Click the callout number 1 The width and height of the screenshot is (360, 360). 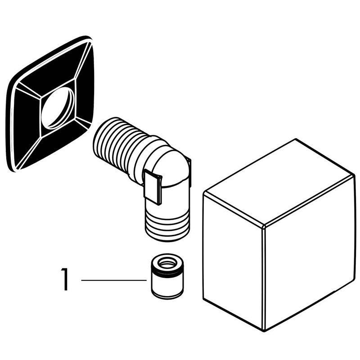(65, 279)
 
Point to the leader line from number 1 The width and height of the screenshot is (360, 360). (114, 280)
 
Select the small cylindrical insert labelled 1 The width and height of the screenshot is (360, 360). (167, 276)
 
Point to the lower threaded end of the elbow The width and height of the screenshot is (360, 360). (167, 226)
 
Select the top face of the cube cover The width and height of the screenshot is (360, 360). (279, 181)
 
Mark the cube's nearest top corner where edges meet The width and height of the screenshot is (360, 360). (264, 226)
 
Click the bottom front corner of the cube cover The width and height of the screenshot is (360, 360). (265, 330)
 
